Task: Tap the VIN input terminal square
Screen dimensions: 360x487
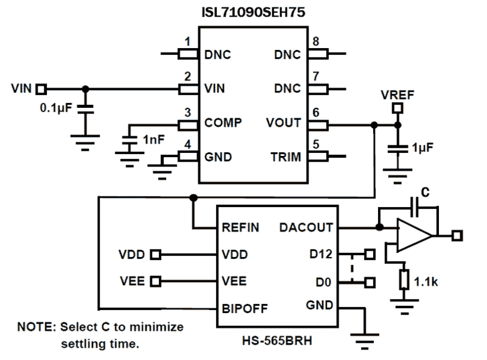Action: click(x=41, y=90)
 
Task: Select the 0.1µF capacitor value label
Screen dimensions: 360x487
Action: click(x=56, y=107)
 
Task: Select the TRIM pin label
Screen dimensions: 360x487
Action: click(x=286, y=157)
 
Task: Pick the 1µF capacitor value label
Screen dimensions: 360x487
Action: click(x=422, y=147)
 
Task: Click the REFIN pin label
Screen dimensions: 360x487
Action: click(x=240, y=227)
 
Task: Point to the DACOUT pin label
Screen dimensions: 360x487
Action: click(x=306, y=227)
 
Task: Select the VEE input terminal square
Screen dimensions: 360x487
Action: click(x=156, y=281)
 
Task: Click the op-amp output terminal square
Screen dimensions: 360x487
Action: click(x=457, y=235)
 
